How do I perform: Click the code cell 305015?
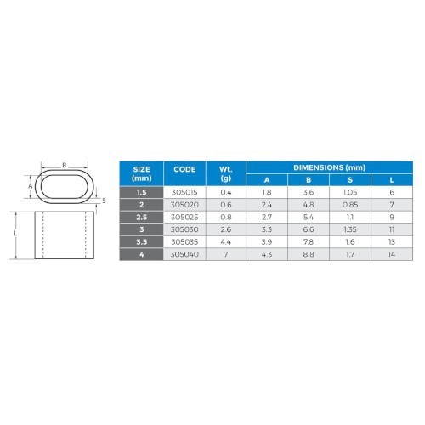[x=184, y=192]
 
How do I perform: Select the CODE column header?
[x=184, y=169]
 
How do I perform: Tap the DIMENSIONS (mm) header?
[x=329, y=167]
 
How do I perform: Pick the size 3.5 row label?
[x=141, y=242]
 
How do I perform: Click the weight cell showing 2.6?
[x=226, y=229]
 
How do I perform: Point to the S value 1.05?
[x=350, y=192]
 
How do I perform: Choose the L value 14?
[x=392, y=254]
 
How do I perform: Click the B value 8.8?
[x=309, y=254]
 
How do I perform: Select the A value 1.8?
[x=267, y=192]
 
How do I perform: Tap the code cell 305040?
[x=184, y=254]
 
